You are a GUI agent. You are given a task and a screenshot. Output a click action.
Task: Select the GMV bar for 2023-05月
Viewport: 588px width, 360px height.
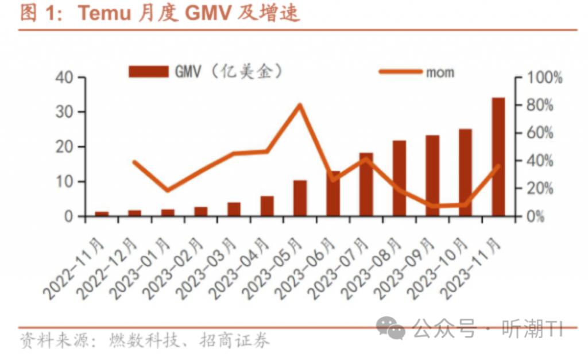pyautogui.click(x=300, y=198)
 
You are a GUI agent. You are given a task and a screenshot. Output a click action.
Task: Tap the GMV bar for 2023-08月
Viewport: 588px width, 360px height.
pyautogui.click(x=399, y=178)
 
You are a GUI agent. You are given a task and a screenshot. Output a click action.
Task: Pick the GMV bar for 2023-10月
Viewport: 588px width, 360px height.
pyautogui.click(x=465, y=172)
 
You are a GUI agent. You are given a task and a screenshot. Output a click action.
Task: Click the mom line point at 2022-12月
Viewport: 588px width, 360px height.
pyautogui.click(x=134, y=162)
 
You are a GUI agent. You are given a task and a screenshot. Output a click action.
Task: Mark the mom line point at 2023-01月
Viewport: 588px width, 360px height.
pyautogui.click(x=167, y=190)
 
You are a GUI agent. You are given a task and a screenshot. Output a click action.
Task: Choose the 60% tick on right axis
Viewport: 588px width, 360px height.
pyautogui.click(x=540, y=133)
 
